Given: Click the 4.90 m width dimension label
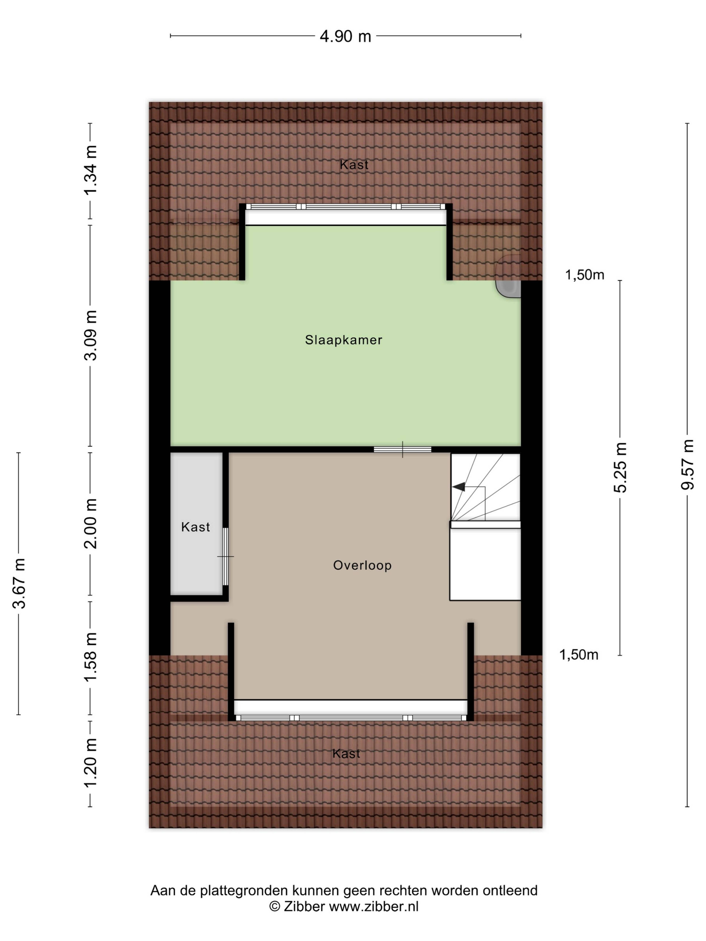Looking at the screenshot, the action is coord(345,37).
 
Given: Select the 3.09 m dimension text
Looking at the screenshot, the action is coord(90,335).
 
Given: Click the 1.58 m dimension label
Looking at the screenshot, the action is coord(90,657).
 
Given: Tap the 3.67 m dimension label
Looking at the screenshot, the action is coord(19,583).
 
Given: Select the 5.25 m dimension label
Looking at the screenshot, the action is coord(620,468).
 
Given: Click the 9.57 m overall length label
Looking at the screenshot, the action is coord(687,465).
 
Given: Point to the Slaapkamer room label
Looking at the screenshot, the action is coord(343,340).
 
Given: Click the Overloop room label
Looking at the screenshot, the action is coord(362,565).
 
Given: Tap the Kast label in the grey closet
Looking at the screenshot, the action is coord(195,527).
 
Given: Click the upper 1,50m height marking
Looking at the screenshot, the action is coord(584,275).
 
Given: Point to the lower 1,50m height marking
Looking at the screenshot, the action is coord(578,655).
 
